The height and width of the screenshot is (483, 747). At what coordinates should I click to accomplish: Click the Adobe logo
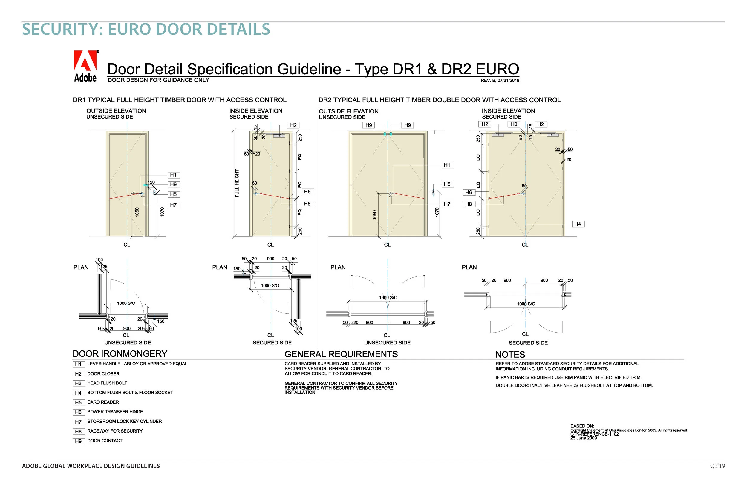(85, 66)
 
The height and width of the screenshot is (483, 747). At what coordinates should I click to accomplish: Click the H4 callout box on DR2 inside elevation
(578, 224)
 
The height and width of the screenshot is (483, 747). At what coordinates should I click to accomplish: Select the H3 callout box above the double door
(514, 124)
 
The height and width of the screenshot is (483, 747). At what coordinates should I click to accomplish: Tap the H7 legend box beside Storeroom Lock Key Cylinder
(78, 422)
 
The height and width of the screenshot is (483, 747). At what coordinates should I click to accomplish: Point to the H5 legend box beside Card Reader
(78, 403)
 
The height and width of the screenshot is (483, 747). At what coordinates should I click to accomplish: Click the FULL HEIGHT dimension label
(237, 183)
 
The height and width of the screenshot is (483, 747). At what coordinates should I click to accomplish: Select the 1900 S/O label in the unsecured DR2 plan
(388, 298)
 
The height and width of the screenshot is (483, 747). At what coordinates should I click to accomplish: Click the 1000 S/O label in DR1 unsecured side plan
(126, 303)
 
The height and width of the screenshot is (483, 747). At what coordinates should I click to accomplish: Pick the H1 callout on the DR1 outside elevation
(173, 175)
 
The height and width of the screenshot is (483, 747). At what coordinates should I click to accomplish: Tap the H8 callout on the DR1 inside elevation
(307, 204)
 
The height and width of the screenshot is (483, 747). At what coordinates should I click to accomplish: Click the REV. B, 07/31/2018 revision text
(500, 81)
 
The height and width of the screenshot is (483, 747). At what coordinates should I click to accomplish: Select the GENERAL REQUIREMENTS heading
(341, 354)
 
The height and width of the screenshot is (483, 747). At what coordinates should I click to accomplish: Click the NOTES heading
(510, 354)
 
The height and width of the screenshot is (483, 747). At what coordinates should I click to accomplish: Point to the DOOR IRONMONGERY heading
(120, 354)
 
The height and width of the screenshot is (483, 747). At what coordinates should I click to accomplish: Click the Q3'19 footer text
(717, 466)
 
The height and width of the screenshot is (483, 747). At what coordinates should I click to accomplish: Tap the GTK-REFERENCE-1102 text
(594, 434)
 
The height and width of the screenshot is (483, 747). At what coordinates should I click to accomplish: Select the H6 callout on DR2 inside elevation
(468, 192)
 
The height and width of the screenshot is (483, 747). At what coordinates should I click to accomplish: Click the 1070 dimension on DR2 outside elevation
(437, 212)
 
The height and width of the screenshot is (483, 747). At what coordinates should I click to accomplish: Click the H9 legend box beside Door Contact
(78, 441)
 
